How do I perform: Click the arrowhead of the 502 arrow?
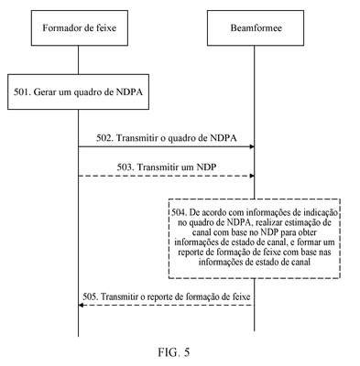(x=252, y=146)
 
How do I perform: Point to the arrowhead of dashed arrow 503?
(x=252, y=176)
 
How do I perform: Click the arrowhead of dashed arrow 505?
(x=81, y=305)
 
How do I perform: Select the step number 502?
(x=105, y=138)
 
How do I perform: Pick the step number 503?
(x=125, y=167)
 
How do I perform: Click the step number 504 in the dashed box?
(x=179, y=212)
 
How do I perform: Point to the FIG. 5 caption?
(x=174, y=352)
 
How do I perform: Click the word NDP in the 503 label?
(x=206, y=167)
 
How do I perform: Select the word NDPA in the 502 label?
(x=224, y=138)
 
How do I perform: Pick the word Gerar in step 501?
(x=44, y=92)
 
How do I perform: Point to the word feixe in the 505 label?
(x=242, y=296)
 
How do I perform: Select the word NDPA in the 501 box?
(x=129, y=91)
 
